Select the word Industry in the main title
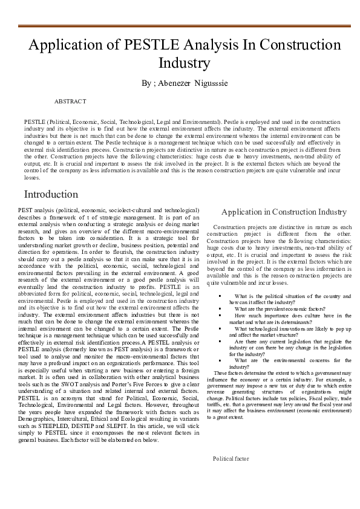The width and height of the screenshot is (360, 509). [x=184, y=63]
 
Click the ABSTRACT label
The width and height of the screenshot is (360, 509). [x=70, y=102]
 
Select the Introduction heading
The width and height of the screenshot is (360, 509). [x=51, y=195]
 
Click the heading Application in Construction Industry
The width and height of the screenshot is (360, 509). [x=284, y=212]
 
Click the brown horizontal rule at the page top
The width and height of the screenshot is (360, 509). [x=180, y=26]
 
